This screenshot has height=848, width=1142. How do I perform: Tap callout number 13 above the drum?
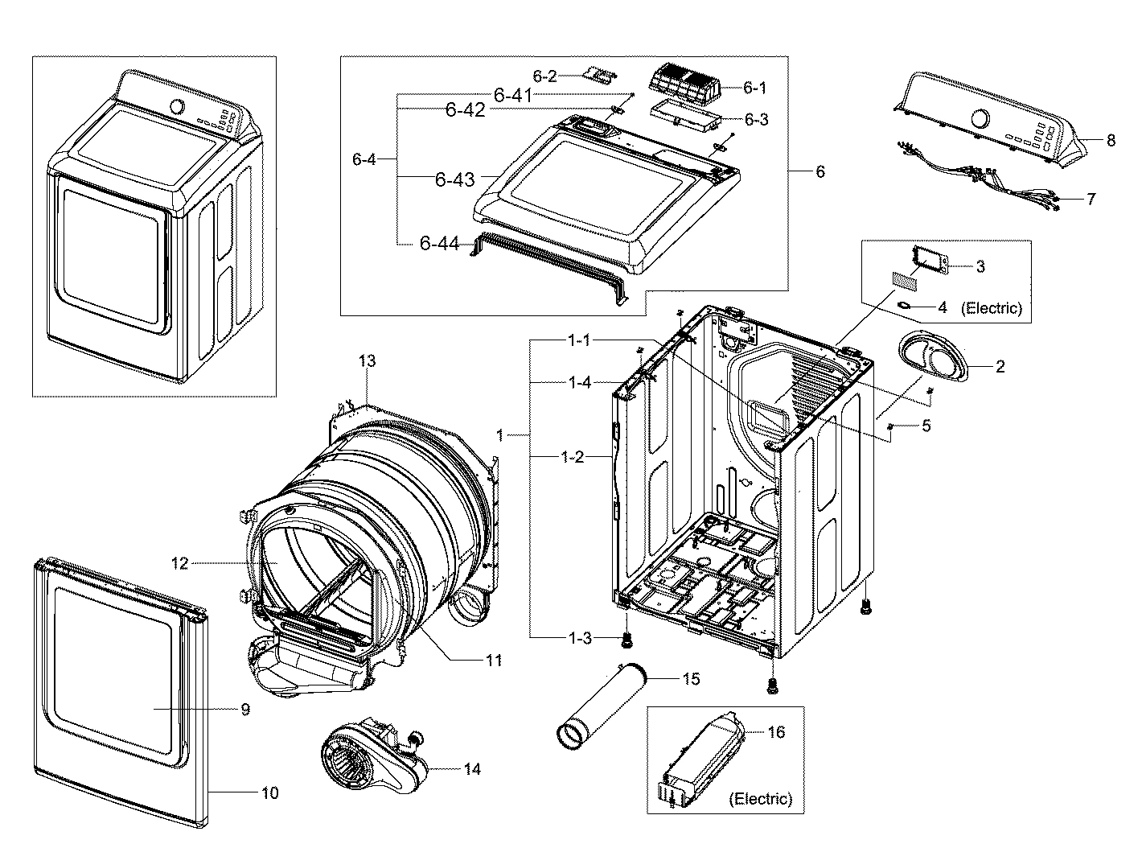(x=367, y=361)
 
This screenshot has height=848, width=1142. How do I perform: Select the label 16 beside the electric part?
(x=776, y=732)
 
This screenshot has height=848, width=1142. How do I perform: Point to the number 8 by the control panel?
(x=1111, y=140)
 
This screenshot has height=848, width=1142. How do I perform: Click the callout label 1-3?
(x=580, y=638)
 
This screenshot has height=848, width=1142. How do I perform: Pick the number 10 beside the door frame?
(x=270, y=792)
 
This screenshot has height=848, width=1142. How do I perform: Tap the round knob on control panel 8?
(x=980, y=118)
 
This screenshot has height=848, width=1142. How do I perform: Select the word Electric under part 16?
(x=760, y=799)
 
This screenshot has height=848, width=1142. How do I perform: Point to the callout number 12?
(x=179, y=563)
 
